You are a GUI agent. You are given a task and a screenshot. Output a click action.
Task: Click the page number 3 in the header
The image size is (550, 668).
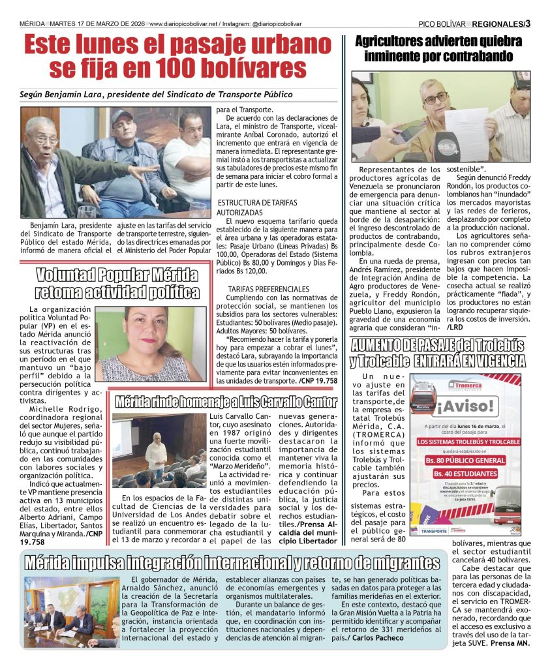(527, 23)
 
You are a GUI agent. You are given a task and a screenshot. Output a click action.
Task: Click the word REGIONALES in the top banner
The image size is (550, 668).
(497, 24)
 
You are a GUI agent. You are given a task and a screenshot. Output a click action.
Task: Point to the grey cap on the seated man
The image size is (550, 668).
(121, 116)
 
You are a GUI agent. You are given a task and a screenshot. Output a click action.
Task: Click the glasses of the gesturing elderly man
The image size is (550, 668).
(46, 138)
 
